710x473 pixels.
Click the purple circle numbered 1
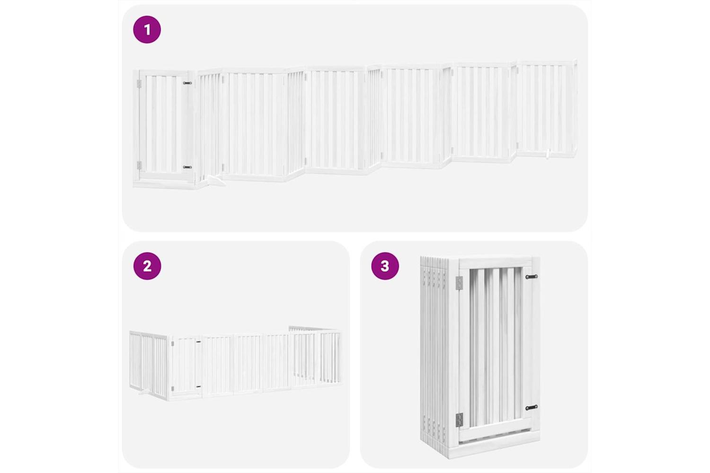pos(147,29)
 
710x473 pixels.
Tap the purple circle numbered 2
pos(147,266)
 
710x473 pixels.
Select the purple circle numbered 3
pos(385,266)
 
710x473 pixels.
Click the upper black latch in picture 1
pos(187,83)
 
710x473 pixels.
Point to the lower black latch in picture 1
pos(187,167)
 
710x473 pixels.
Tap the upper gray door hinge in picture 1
pos(139,84)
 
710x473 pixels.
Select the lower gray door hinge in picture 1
pos(139,165)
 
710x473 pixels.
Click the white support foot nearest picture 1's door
pos(216,181)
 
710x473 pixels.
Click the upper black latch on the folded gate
pos(532,277)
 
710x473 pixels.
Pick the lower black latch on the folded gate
pos(532,407)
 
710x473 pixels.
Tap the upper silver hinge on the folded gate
pos(459,283)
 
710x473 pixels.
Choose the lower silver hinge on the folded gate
pos(459,420)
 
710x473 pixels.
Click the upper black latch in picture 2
pos(198,342)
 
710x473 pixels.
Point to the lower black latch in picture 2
pos(198,386)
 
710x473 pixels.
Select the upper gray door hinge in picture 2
pos(172,343)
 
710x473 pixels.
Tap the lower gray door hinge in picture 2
pos(172,388)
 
